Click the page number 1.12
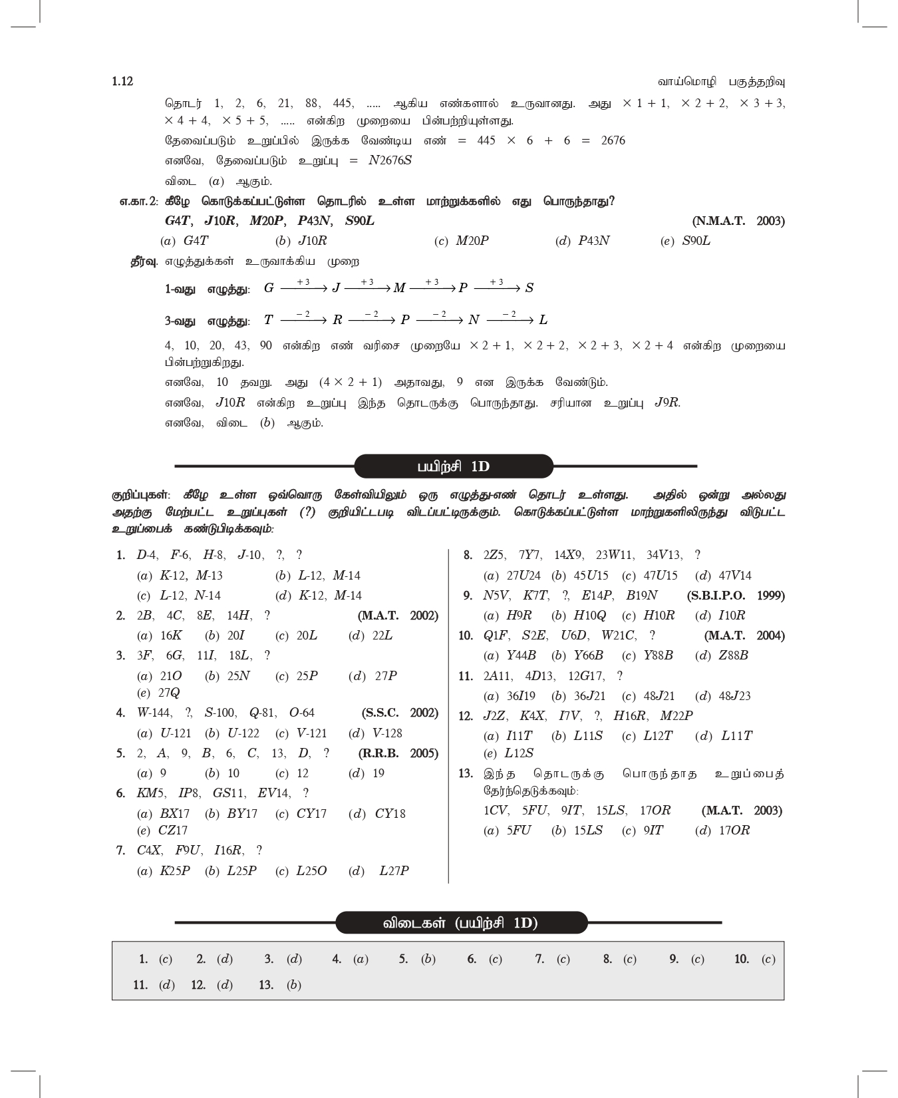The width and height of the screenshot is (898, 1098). [x=122, y=81]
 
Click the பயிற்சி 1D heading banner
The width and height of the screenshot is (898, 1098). [x=453, y=466]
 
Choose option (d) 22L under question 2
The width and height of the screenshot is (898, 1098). [x=371, y=636]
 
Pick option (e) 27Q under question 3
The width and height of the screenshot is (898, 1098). [x=158, y=693]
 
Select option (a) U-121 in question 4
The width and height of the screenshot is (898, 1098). [x=164, y=733]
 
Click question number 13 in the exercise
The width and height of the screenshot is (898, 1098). [x=466, y=773]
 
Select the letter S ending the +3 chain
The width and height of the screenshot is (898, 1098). [x=529, y=288]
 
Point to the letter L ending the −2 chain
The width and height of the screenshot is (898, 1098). [x=543, y=320]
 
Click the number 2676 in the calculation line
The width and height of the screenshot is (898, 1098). [x=612, y=140]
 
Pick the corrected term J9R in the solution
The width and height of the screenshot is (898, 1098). [x=667, y=403]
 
